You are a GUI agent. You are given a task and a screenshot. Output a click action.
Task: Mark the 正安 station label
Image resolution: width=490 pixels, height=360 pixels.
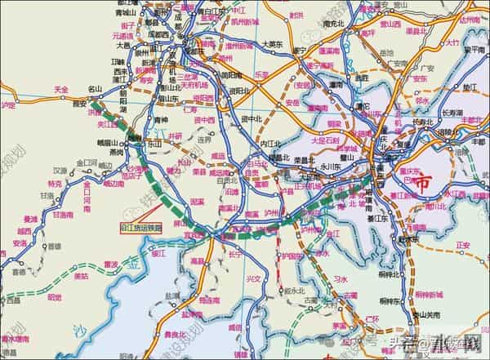point(463,244)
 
